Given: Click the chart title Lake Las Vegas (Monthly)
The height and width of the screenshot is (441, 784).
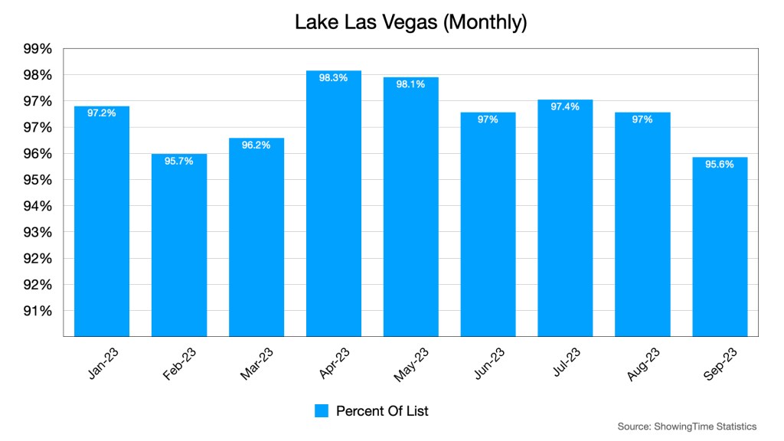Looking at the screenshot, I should point(411,22).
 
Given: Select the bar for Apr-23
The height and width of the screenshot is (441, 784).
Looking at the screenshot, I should point(334,207).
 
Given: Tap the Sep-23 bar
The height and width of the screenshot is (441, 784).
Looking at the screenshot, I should point(720,245).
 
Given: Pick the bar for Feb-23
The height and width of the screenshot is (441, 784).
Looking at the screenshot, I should point(179,245).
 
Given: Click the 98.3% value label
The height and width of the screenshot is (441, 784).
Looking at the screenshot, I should point(334,78).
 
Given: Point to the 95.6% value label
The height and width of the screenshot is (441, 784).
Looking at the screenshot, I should point(720,164).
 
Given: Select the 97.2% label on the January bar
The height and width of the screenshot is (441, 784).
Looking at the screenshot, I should point(102,113).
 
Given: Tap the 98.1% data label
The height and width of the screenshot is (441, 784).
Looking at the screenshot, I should point(411,84).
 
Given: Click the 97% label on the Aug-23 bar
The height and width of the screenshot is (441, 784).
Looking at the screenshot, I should point(642,119).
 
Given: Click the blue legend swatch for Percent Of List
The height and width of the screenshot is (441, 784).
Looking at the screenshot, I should point(322,411).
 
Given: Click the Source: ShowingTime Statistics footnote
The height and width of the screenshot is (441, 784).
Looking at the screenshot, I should point(687,426).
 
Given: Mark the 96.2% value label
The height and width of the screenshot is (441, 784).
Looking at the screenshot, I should point(256,145).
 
